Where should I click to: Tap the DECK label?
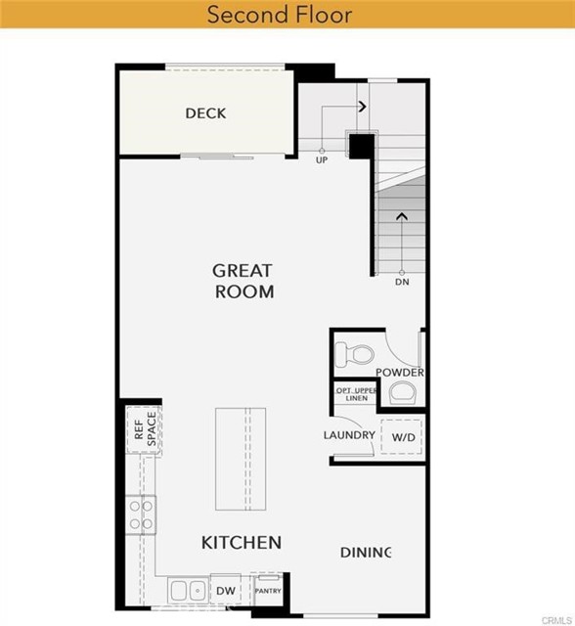click(205, 113)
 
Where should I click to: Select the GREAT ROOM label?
click(243, 281)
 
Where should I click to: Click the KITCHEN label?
click(242, 542)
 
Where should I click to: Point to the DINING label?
click(366, 553)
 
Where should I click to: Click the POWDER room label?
click(399, 373)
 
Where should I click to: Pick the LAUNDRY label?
click(349, 435)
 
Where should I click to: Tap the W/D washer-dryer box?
click(403, 436)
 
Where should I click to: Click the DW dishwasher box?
click(225, 591)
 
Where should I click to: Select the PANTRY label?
click(268, 591)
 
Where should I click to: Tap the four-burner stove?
click(141, 514)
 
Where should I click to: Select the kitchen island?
click(241, 459)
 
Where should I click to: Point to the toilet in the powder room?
click(356, 352)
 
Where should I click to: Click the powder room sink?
click(401, 393)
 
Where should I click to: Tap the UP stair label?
click(321, 160)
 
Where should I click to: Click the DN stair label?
click(401, 283)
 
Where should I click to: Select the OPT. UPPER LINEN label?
click(355, 393)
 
